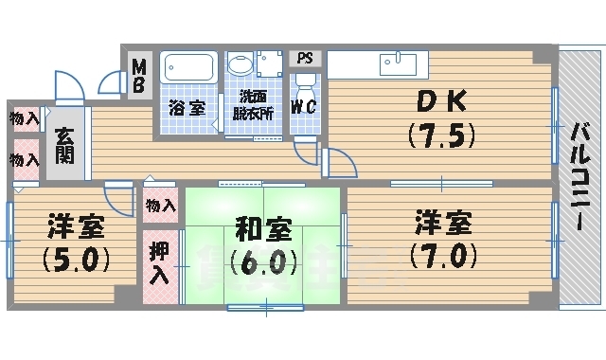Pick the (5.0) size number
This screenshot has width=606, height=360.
[78, 258]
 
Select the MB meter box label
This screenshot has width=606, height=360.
[138, 75]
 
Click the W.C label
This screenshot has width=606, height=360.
[303, 106]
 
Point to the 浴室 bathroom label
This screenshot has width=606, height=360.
[187, 106]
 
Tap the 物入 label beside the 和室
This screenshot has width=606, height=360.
[160, 206]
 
